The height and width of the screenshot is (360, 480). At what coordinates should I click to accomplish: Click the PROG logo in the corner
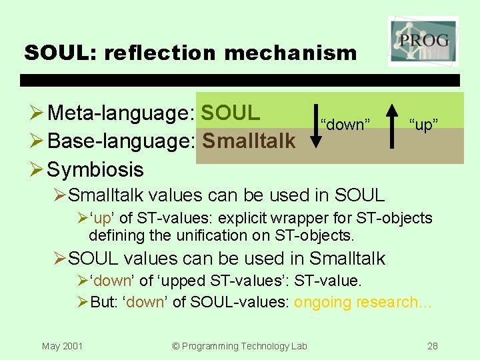point(423,41)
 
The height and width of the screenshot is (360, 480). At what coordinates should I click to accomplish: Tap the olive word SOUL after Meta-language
point(231,113)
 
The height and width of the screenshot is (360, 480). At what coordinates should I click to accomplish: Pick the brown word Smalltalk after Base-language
point(249,141)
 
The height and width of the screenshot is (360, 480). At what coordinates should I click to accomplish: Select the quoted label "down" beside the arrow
point(345,125)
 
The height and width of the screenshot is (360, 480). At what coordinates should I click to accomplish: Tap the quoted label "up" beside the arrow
point(424,125)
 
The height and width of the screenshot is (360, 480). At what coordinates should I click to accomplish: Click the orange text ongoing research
point(363,302)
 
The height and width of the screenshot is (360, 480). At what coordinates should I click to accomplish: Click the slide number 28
point(432,345)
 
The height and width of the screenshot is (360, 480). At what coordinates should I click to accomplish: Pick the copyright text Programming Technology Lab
point(239,345)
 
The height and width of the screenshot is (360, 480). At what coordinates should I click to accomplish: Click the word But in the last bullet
point(102,302)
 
